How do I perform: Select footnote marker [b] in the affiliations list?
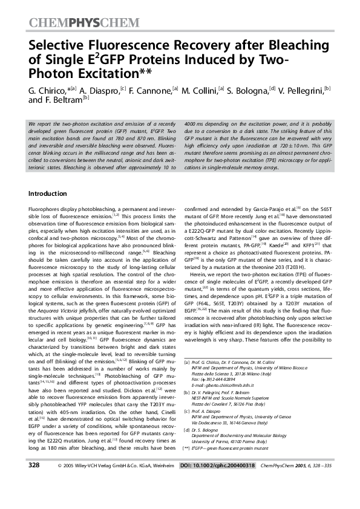pyautogui.click(x=185, y=392)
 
